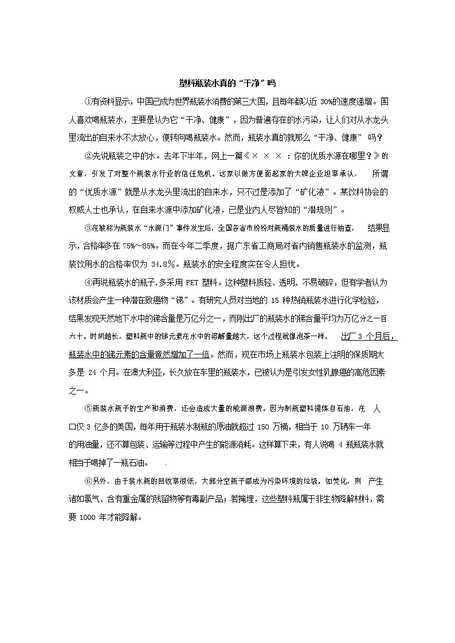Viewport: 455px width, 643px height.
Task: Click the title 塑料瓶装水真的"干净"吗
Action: click(x=227, y=83)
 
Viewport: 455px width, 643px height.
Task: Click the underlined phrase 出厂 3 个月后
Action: click(x=368, y=336)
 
